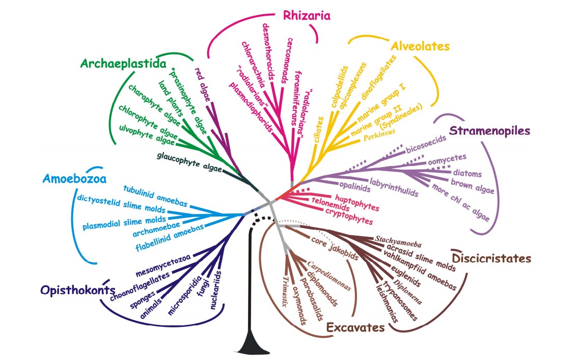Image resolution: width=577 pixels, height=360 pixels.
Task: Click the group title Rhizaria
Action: pos(307,15)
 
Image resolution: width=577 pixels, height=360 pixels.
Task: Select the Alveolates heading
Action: pos(420,46)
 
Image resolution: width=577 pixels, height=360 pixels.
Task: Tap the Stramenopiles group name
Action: pos(490,131)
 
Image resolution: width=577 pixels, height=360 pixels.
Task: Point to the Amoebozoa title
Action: pos(75,179)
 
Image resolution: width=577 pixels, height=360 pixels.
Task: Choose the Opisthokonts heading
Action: pos(77,290)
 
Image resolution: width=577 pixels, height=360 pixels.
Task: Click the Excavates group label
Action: pos(355,327)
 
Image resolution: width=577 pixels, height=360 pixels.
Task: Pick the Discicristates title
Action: pos(491,258)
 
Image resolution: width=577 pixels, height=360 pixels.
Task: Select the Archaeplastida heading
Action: pos(123,64)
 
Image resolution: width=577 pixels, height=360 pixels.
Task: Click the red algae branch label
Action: pos(203,85)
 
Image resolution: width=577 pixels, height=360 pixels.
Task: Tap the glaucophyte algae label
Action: pos(189,162)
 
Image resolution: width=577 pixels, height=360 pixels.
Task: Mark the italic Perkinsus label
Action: pos(379,135)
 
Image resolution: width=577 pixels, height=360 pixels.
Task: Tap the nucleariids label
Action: pos(215,290)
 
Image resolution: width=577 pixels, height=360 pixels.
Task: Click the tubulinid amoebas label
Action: pos(155,196)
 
